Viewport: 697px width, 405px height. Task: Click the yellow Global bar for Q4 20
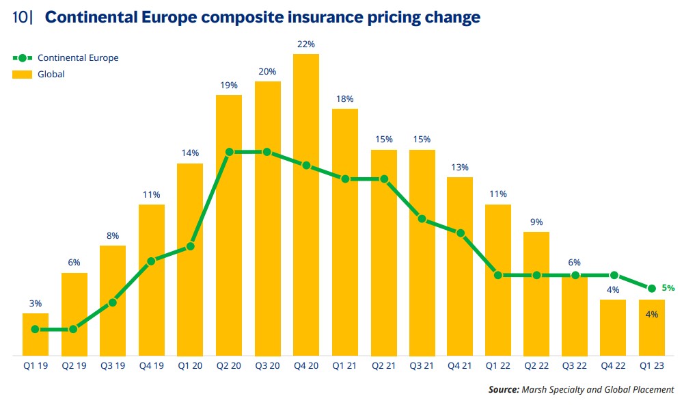coord(306,205)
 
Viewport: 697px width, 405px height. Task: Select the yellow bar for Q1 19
coord(36,335)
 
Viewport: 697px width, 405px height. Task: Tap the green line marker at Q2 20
coord(229,152)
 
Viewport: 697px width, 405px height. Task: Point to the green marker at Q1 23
coord(652,288)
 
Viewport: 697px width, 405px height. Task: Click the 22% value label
coord(306,44)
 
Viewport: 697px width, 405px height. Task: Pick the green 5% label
coord(668,288)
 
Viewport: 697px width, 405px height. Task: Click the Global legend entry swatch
coord(23,74)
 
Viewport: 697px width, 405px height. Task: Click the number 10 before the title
coord(21,17)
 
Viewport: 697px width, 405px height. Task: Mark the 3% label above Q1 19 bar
coord(36,303)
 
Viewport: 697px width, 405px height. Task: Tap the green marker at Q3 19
coord(113,302)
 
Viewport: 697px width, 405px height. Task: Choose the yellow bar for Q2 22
coord(536,294)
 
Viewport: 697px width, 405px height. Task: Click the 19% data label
coord(229,86)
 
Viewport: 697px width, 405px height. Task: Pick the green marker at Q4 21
coord(461,233)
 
